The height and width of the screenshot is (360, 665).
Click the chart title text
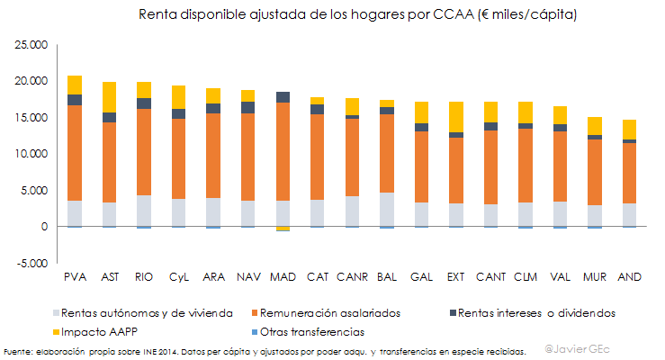click(357, 15)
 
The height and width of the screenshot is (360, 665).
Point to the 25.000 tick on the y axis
click(31, 44)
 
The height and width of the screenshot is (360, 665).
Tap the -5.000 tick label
click(31, 264)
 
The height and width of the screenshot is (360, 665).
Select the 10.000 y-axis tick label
click(31, 154)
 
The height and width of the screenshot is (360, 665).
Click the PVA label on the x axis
click(75, 276)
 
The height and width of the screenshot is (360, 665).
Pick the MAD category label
click(282, 276)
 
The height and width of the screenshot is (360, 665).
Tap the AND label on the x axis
click(628, 276)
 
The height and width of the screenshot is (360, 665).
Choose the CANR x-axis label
click(352, 276)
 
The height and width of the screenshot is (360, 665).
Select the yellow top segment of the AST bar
click(109, 96)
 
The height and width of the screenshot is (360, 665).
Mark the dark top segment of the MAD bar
click(282, 97)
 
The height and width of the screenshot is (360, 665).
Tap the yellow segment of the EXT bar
click(455, 117)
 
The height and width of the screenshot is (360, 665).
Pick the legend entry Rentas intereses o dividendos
click(536, 313)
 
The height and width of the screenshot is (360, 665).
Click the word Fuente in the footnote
click(17, 351)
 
